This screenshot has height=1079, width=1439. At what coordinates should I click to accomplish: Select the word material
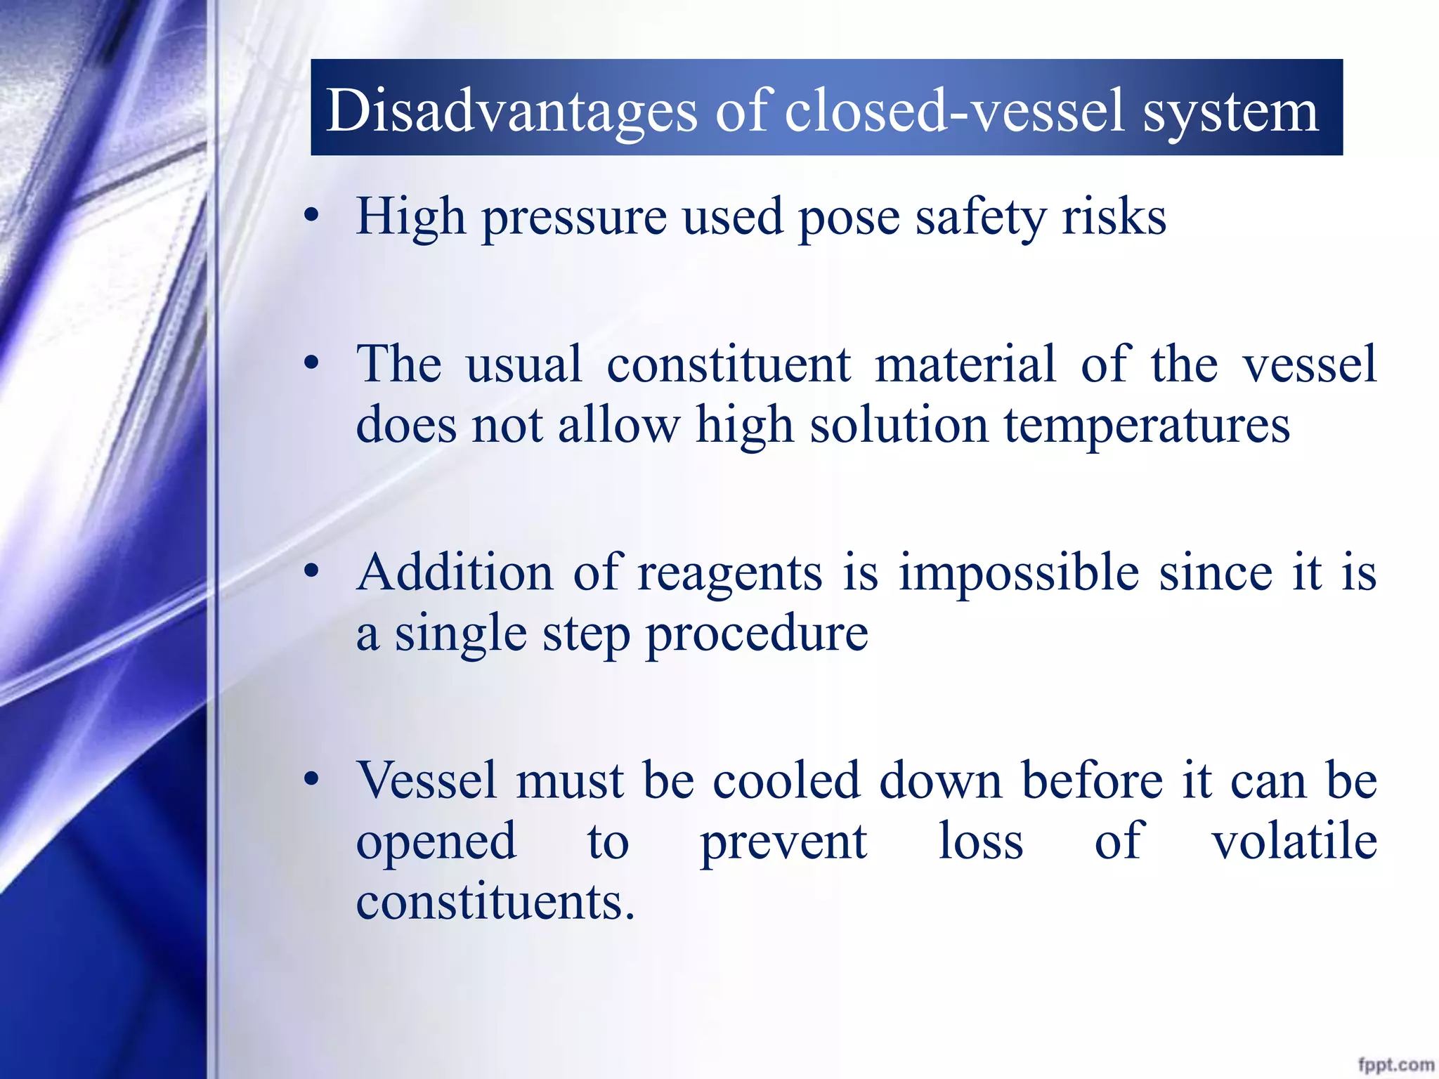coord(965,364)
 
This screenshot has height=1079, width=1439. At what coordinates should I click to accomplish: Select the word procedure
coord(757,634)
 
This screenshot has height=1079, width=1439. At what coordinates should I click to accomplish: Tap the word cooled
coord(786,780)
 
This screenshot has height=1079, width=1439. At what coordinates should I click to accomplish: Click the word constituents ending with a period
coord(495,902)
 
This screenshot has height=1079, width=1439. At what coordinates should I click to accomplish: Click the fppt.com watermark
coord(1395,1064)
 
